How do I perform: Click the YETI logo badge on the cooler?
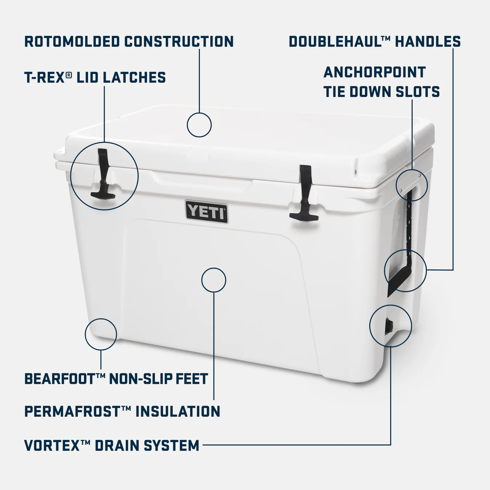click(206, 211)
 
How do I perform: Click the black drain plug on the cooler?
click(389, 325)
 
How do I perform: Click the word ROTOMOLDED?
click(72, 42)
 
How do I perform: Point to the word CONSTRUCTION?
click(179, 42)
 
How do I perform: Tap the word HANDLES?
click(428, 42)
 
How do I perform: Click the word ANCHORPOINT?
click(375, 72)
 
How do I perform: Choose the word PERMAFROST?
click(72, 412)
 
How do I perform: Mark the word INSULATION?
click(178, 412)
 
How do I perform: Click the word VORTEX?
click(52, 445)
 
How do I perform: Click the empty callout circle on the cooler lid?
click(199, 125)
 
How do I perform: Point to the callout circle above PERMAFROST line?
click(214, 280)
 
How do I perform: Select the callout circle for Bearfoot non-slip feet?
click(101, 334)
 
